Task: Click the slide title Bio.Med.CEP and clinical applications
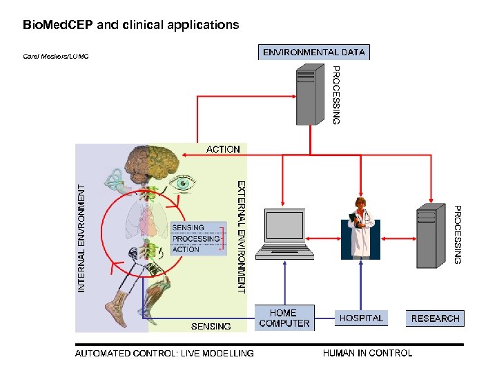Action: pos(131,25)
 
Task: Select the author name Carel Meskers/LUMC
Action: pos(56,56)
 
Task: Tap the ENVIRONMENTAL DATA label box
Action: pos(314,52)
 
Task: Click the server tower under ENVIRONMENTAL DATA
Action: pos(310,95)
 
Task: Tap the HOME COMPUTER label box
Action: pos(284,318)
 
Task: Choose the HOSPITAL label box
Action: pos(361,318)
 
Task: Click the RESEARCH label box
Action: pos(435,318)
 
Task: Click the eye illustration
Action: pos(184,184)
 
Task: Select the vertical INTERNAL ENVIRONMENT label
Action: pos(82,237)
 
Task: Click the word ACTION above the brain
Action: pos(223,149)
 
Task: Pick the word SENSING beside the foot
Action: pos(211,325)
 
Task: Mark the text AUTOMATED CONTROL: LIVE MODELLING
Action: pos(164,354)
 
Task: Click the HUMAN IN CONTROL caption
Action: pos(367,353)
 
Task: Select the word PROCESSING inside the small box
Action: pos(195,239)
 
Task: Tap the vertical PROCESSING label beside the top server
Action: pos(336,95)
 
